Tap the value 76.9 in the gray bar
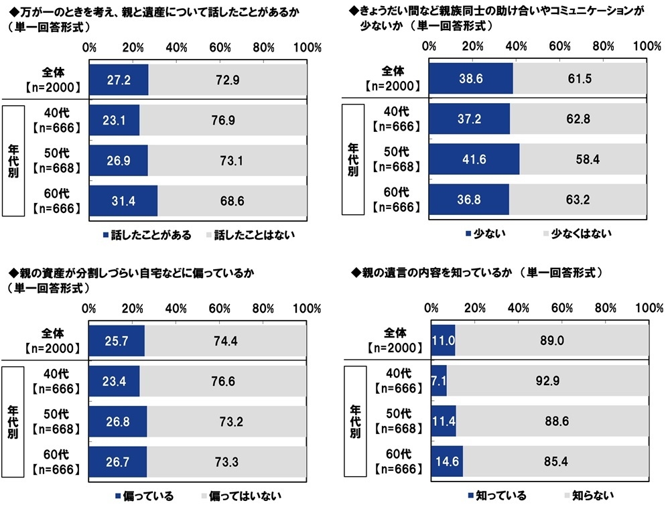pos(224,121)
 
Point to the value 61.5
pos(581,80)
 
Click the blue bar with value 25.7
pos(116,341)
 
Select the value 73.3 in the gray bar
pos(227,462)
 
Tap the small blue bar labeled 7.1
pos(439,381)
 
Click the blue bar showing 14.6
pos(447,462)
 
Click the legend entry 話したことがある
pos(147,235)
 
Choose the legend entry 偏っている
pos(145,496)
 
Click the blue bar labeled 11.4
pos(444,421)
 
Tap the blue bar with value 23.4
pos(114,381)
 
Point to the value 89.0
pos(551,341)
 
